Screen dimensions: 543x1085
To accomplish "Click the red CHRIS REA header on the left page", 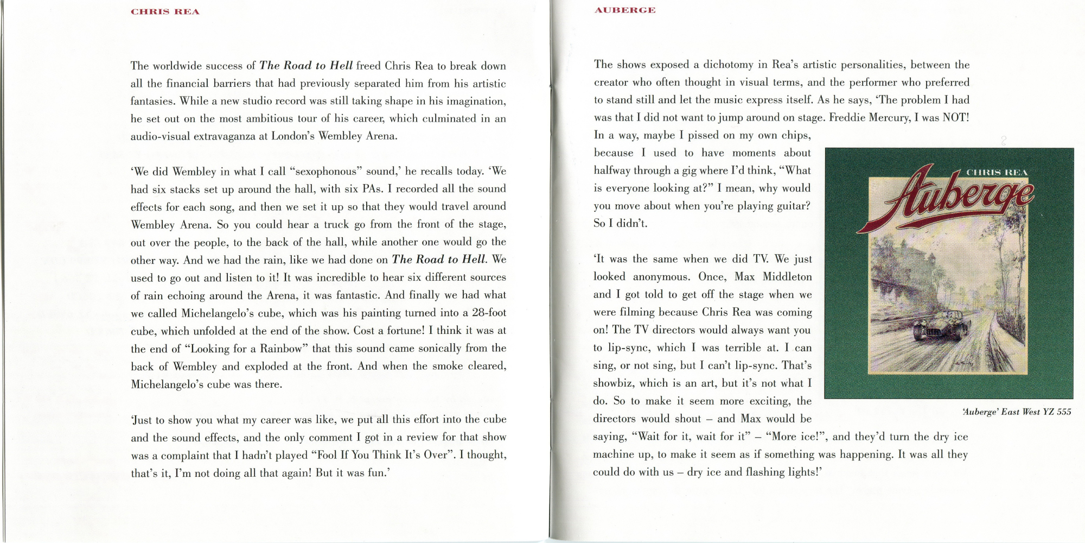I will click(165, 12).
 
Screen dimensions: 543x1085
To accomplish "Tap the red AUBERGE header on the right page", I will click(625, 10).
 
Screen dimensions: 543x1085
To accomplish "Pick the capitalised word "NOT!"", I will click(955, 118).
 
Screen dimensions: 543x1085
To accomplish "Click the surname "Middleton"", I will click(787, 277).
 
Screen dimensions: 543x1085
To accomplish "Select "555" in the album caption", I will click(1064, 412).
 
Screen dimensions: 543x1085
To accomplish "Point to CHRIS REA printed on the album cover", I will click(997, 173).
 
